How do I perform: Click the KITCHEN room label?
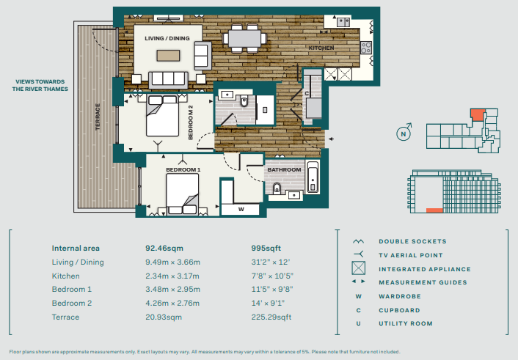pos(321,48)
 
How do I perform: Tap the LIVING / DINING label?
pos(167,38)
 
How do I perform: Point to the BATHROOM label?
pos(284,170)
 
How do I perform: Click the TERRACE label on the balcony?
pos(98,117)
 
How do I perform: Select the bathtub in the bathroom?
pos(312,177)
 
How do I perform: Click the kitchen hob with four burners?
pos(366,48)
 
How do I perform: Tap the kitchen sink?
pos(343,22)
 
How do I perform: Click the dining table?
pos(244,39)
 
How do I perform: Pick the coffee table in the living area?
pos(168,56)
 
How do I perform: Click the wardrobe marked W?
pos(241,210)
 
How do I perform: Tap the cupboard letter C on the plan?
pos(307,93)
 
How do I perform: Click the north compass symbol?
pos(404,133)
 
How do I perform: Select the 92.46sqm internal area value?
pos(164,249)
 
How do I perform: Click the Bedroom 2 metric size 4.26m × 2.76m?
pos(172,304)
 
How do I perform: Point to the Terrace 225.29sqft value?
pos(271,317)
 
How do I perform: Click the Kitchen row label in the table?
pos(66,276)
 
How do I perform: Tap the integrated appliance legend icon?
pos(359,268)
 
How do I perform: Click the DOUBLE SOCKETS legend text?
pos(412,241)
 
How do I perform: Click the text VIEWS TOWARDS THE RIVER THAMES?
pos(40,85)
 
